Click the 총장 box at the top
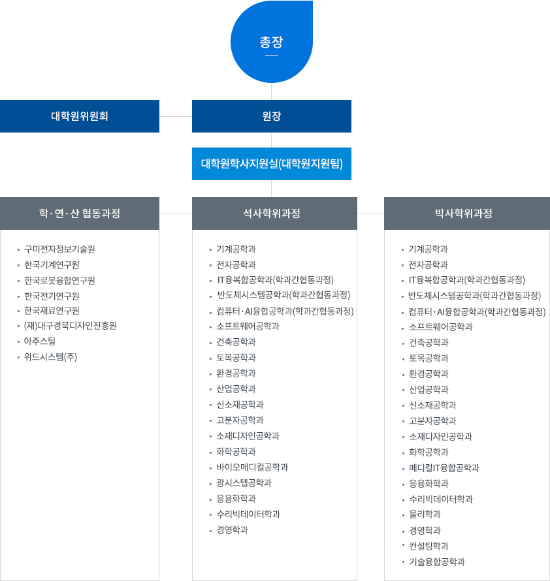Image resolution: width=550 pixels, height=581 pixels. [x=271, y=42]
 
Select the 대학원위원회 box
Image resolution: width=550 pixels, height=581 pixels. [x=80, y=116]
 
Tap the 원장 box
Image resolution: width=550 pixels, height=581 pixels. [x=271, y=116]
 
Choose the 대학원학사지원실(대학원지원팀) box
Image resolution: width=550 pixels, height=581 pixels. [x=271, y=163]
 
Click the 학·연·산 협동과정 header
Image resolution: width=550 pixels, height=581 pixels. [x=80, y=213]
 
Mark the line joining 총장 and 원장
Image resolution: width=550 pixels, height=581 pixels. [x=271, y=91]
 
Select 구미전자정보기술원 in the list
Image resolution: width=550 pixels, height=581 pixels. [x=59, y=249]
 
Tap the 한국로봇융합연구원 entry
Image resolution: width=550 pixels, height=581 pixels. [x=59, y=281]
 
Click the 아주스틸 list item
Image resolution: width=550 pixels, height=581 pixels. [x=40, y=341]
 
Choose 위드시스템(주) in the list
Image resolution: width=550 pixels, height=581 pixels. [x=50, y=356]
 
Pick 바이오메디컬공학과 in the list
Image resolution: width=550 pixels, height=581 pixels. [x=252, y=467]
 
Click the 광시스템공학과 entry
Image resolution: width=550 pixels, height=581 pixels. [x=244, y=483]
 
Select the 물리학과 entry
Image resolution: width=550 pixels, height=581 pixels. [x=424, y=514]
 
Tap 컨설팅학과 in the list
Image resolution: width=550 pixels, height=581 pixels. [x=428, y=546]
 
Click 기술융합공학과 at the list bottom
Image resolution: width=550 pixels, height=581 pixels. [x=436, y=561]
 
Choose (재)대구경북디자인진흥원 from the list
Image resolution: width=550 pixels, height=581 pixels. [x=70, y=326]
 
